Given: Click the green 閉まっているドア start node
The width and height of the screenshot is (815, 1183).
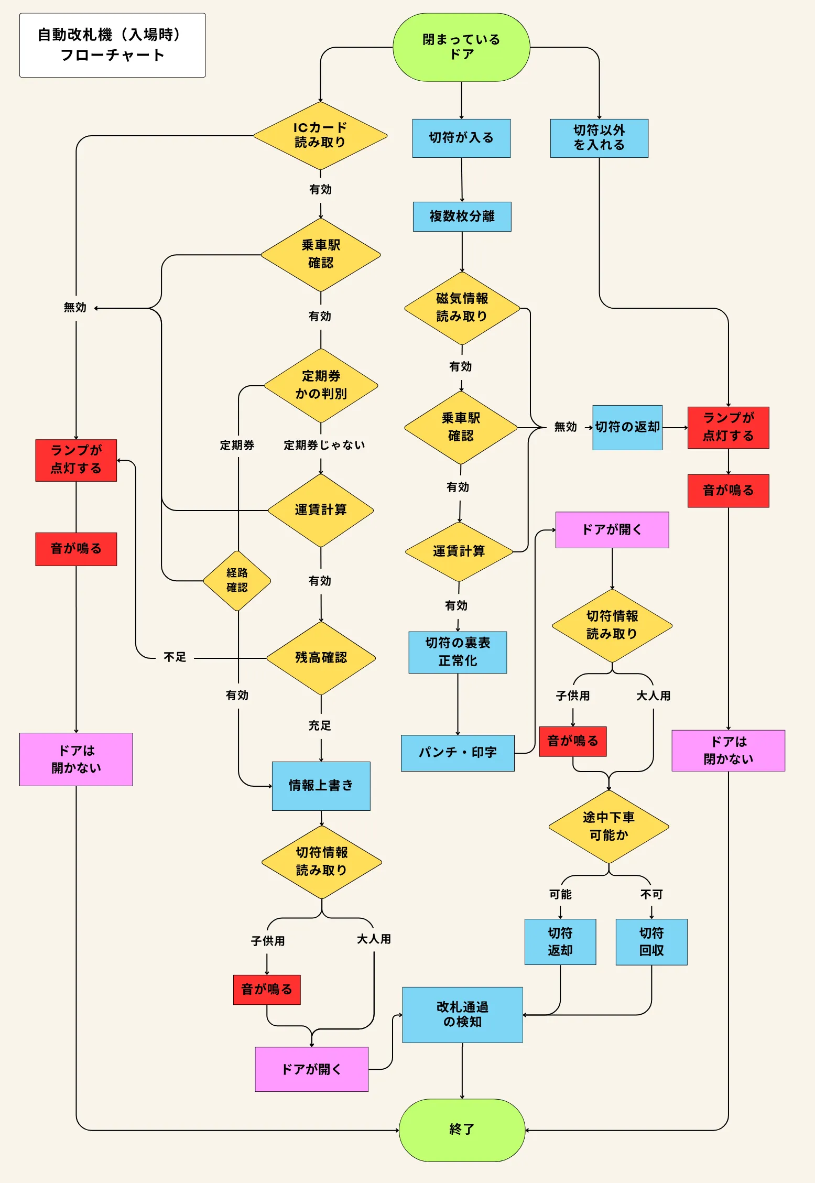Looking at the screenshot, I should click(x=461, y=47).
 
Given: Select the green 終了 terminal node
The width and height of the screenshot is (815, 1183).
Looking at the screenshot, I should click(x=462, y=1130).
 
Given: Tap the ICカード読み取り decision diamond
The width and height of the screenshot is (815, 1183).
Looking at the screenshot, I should click(x=320, y=135).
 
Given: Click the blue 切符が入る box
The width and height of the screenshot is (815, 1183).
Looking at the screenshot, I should click(x=461, y=138).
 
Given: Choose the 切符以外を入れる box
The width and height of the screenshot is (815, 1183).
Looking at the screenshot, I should click(x=599, y=138).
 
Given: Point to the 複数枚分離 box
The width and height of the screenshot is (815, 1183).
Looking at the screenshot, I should click(x=462, y=216).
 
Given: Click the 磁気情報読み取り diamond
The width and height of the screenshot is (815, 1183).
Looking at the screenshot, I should click(x=462, y=308).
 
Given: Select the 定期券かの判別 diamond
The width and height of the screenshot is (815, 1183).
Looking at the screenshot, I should click(x=321, y=385).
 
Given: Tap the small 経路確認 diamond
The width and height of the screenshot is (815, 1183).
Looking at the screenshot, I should click(x=237, y=580).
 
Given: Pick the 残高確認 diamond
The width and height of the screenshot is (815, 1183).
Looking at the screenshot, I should click(x=321, y=658).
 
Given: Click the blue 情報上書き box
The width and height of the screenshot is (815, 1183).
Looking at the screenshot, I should click(x=321, y=786).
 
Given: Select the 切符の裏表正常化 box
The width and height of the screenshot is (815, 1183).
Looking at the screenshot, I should click(x=458, y=652).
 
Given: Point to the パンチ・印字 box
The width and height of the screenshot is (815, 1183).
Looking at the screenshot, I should click(x=458, y=753).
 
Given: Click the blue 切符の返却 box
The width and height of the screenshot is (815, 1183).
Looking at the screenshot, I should click(x=627, y=427).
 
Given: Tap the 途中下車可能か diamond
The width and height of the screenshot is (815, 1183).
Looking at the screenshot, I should click(x=608, y=827).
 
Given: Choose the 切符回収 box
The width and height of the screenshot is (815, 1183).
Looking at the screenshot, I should click(x=651, y=941).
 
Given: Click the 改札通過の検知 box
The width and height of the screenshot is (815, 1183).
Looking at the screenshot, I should click(x=462, y=1015).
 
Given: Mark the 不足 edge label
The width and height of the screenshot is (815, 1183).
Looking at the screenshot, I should click(x=175, y=657).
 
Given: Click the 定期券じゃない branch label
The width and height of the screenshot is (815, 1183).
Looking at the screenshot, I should click(x=324, y=445).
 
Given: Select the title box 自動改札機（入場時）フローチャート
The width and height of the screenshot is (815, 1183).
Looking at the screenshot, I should click(x=112, y=45).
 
